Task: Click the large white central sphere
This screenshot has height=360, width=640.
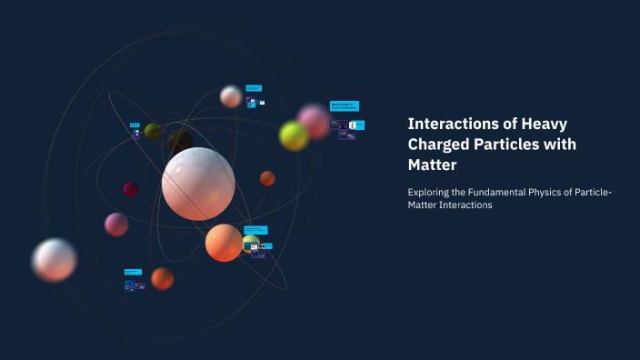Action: tap(198, 183)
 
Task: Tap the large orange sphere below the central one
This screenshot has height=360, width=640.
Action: tap(224, 243)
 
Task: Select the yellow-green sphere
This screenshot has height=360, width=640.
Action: tap(294, 136)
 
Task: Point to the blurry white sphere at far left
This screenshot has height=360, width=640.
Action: tap(54, 259)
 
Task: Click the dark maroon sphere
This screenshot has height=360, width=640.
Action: tap(131, 189)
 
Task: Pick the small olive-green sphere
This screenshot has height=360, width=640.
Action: tap(153, 131)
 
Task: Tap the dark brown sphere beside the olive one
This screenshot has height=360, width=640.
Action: tap(179, 141)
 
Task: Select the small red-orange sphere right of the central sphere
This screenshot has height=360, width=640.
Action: tap(267, 178)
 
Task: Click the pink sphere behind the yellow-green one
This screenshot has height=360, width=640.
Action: tap(314, 119)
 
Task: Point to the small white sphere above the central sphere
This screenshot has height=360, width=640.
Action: tap(231, 96)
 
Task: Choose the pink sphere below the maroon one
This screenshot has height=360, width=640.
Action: tap(116, 224)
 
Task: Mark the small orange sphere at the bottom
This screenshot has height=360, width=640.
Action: tap(162, 278)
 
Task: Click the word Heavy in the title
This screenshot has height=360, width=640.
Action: tap(552, 123)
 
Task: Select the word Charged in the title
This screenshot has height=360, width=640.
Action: tap(439, 144)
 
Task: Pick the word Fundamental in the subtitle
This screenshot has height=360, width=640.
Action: tap(501, 191)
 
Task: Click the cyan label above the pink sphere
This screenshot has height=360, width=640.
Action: tap(344, 105)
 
